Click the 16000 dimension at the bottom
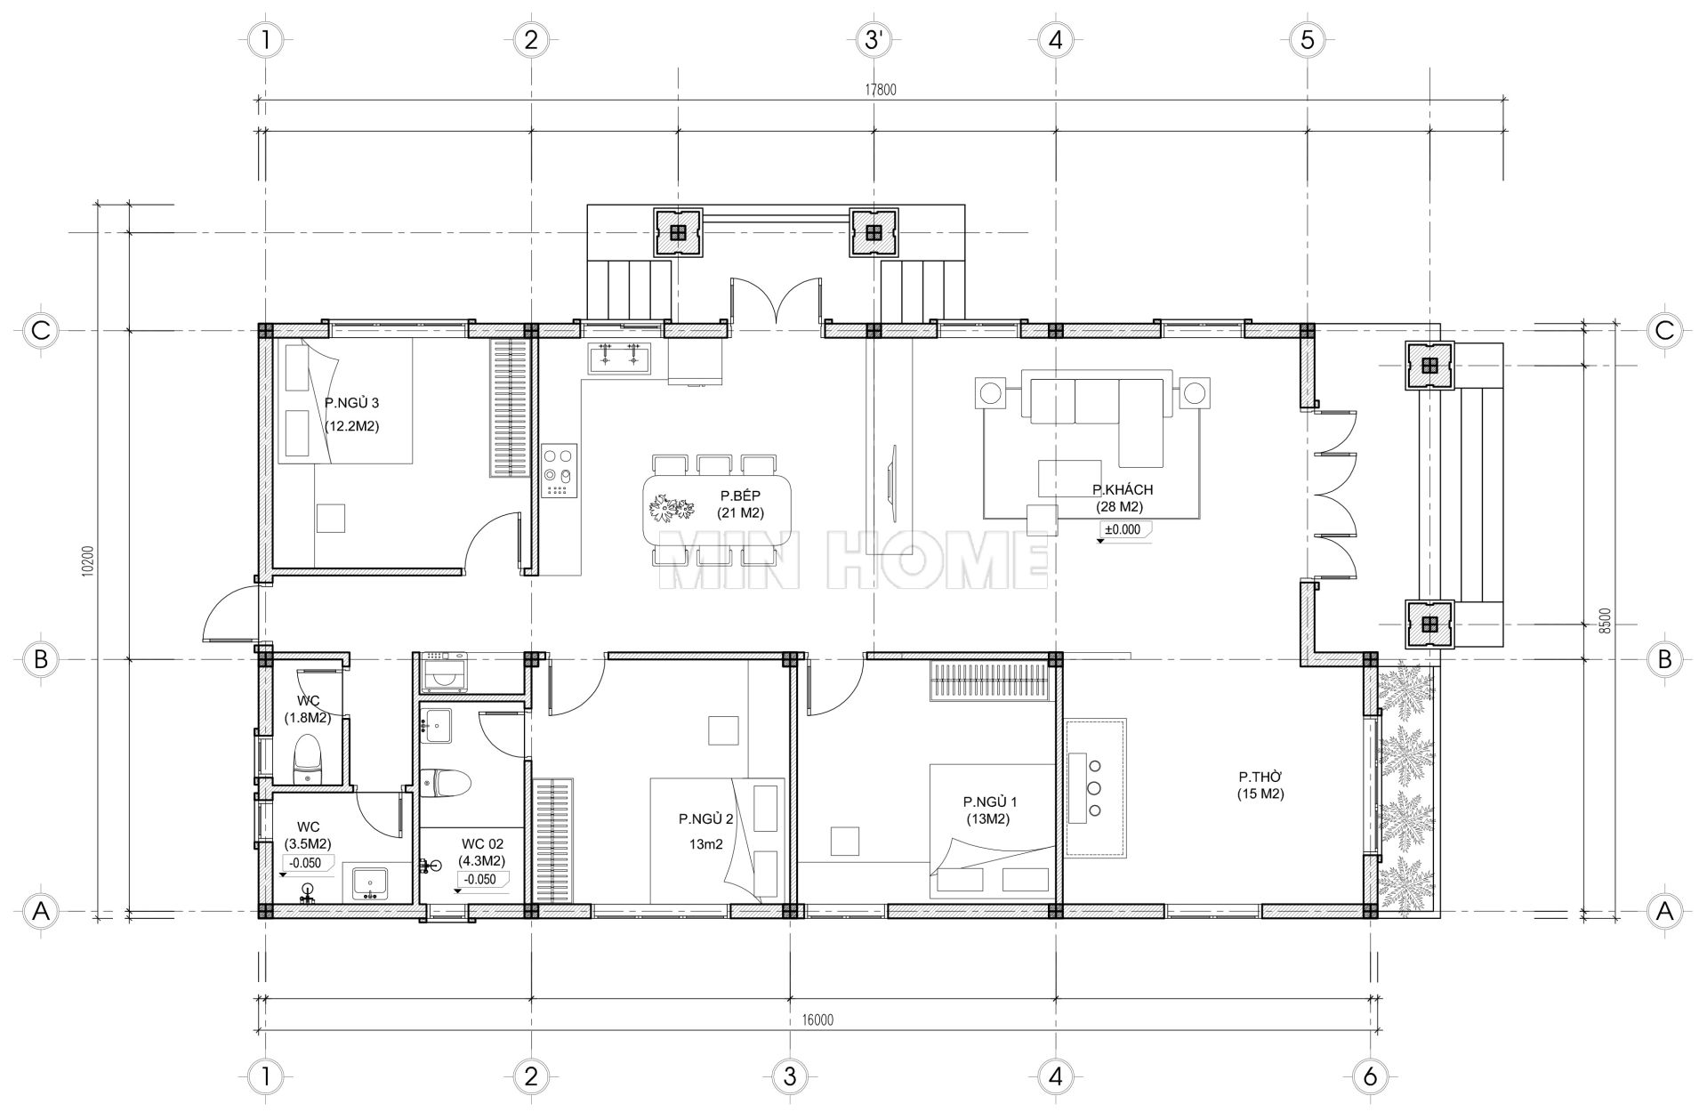click(816, 1019)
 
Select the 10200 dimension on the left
click(86, 560)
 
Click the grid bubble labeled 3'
click(874, 39)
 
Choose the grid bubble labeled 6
click(1369, 1077)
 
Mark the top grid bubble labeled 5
click(1307, 39)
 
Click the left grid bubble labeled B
click(40, 659)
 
